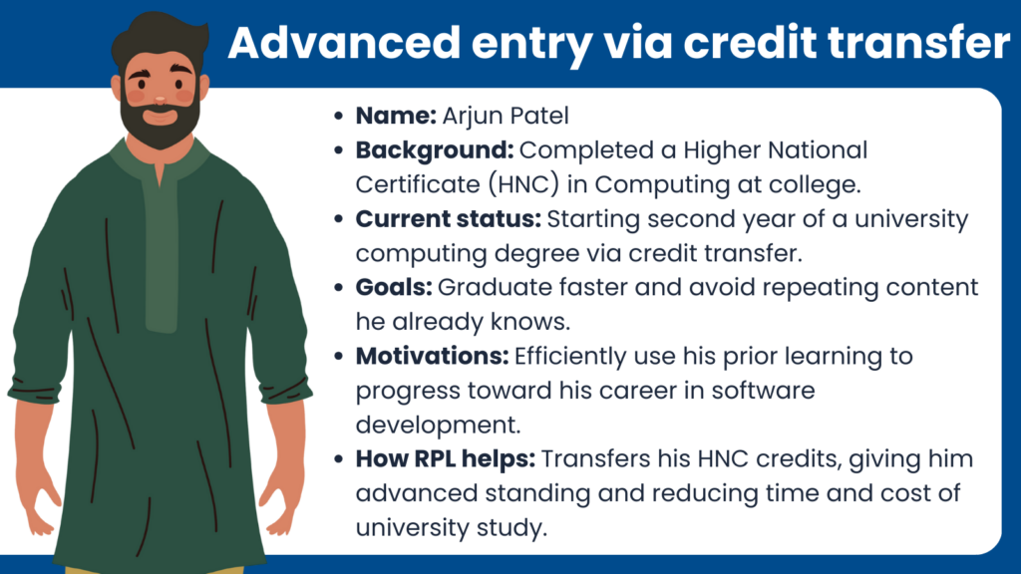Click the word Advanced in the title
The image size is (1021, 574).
344,43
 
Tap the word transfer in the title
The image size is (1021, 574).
918,43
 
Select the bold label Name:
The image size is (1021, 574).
396,116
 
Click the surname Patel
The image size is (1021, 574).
538,116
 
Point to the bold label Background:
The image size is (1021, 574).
435,151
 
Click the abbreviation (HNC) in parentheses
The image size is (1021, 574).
523,184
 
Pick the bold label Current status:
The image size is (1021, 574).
448,219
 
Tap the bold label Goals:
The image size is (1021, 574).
393,288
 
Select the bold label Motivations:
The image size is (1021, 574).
432,357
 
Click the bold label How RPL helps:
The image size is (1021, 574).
446,459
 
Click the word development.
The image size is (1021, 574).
438,425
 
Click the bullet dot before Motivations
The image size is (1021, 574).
338,357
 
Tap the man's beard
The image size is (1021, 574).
161,125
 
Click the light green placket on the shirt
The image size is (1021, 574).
161,254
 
